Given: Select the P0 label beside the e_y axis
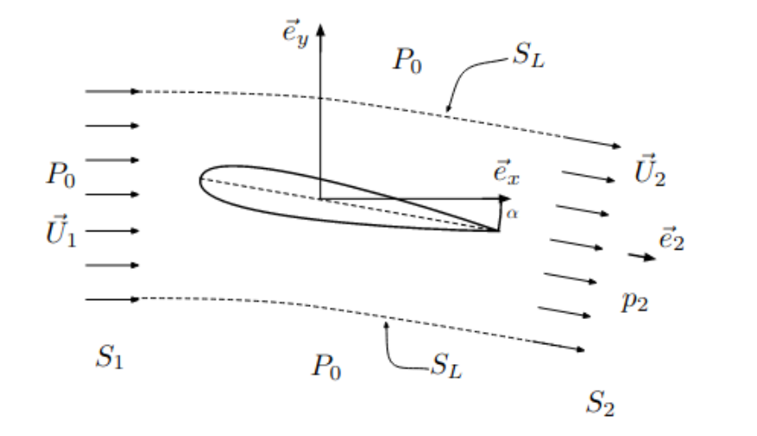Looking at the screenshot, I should coord(407,61).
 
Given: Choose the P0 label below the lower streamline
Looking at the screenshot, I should coord(327,367).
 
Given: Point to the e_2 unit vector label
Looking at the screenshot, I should coord(672,239).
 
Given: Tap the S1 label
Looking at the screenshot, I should coord(107,357).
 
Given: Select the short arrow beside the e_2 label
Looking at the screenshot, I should coord(642,256).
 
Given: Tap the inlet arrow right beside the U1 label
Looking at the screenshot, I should coord(113,231).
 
